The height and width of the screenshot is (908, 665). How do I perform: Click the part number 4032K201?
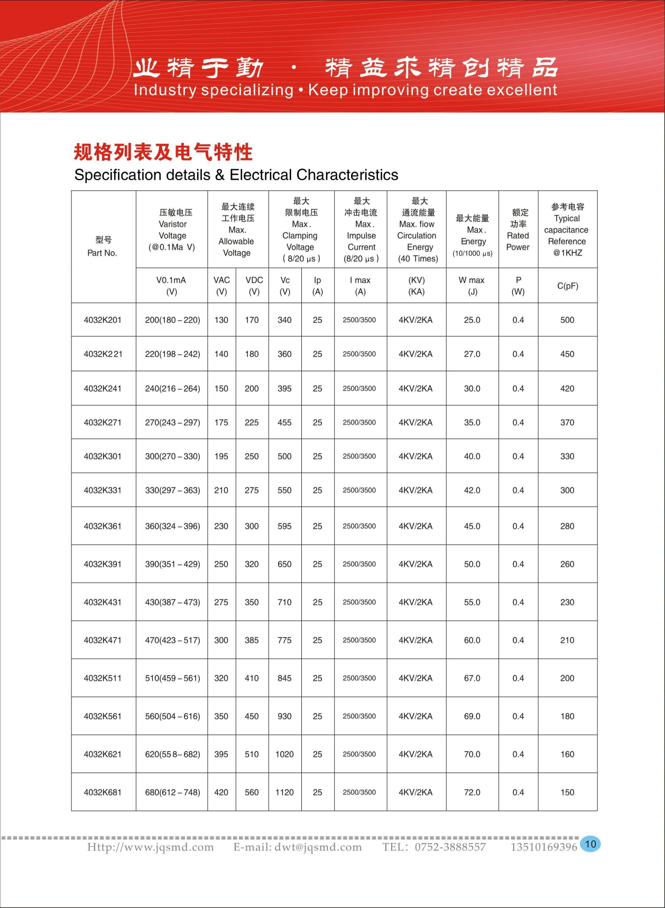pyautogui.click(x=103, y=320)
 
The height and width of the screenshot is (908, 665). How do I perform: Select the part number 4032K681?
pyautogui.click(x=103, y=792)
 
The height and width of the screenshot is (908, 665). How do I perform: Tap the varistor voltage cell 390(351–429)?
pyautogui.click(x=172, y=564)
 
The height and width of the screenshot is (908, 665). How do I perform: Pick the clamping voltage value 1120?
pyautogui.click(x=284, y=792)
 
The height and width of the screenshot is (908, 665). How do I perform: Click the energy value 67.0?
pyautogui.click(x=472, y=678)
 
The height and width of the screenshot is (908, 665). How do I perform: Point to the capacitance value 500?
pyautogui.click(x=567, y=320)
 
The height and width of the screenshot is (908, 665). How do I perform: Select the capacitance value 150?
pyautogui.click(x=567, y=792)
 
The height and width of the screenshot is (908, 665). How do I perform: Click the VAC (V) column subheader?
pyautogui.click(x=221, y=286)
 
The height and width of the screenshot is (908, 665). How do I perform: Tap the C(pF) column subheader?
pyautogui.click(x=568, y=286)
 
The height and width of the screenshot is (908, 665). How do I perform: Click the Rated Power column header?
pyautogui.click(x=518, y=230)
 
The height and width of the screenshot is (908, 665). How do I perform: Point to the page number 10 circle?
pyautogui.click(x=590, y=844)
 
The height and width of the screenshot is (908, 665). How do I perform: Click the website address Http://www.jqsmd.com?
pyautogui.click(x=151, y=847)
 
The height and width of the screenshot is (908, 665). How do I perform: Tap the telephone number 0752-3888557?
pyautogui.click(x=450, y=847)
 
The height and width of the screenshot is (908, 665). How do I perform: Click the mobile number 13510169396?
pyautogui.click(x=543, y=847)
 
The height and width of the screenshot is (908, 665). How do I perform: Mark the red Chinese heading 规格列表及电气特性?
pyautogui.click(x=163, y=152)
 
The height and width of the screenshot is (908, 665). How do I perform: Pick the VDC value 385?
pyautogui.click(x=252, y=640)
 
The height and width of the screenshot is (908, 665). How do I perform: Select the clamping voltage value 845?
pyautogui.click(x=284, y=678)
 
